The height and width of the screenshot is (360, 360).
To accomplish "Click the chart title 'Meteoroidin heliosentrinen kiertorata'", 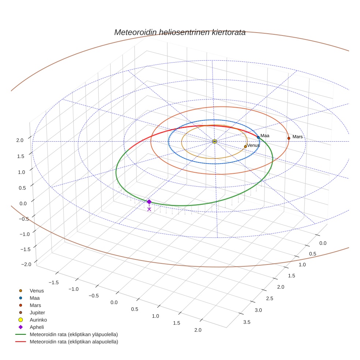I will pos(180,32).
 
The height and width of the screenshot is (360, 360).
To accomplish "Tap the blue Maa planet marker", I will pos(258,137).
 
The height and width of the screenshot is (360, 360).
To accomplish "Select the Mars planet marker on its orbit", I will pos(289,138).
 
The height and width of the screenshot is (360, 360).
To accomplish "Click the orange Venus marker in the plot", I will pos(245,146).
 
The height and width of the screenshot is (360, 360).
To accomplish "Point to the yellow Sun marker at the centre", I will pos(214,141).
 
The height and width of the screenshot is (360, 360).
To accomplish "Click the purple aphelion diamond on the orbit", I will pos(149,202).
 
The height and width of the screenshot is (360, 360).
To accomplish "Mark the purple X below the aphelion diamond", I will pos(149,209).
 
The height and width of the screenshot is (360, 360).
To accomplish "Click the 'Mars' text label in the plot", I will pos(297,137).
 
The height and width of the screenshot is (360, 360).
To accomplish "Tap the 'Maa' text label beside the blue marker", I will pos(265,136).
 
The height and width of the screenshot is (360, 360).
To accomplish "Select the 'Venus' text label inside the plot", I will pos(254,145).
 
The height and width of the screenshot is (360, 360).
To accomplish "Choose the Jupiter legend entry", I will pos(37,312).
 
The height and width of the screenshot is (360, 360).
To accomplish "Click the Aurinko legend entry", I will pos(38,320).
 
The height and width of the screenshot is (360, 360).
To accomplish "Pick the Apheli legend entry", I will pos(37,327).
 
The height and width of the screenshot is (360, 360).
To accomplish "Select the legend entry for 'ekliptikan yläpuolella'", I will pos(74,334).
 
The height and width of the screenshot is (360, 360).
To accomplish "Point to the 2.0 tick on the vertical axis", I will pos(20,140).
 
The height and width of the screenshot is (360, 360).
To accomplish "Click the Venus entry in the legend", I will pos(37,290).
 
